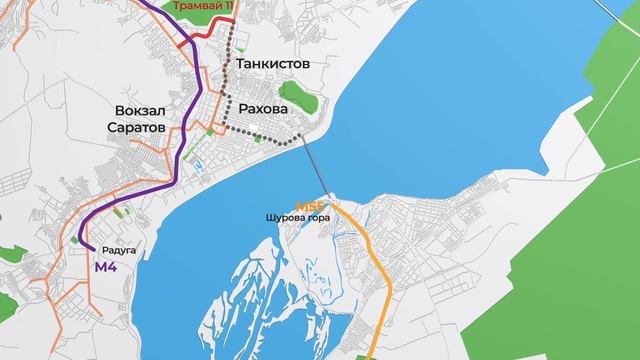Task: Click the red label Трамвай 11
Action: [203, 5]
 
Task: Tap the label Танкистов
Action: [271, 63]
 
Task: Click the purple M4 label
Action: [107, 268]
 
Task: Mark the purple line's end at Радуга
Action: [92, 248]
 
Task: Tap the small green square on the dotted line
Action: [258, 137]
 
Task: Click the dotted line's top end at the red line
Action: [231, 30]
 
